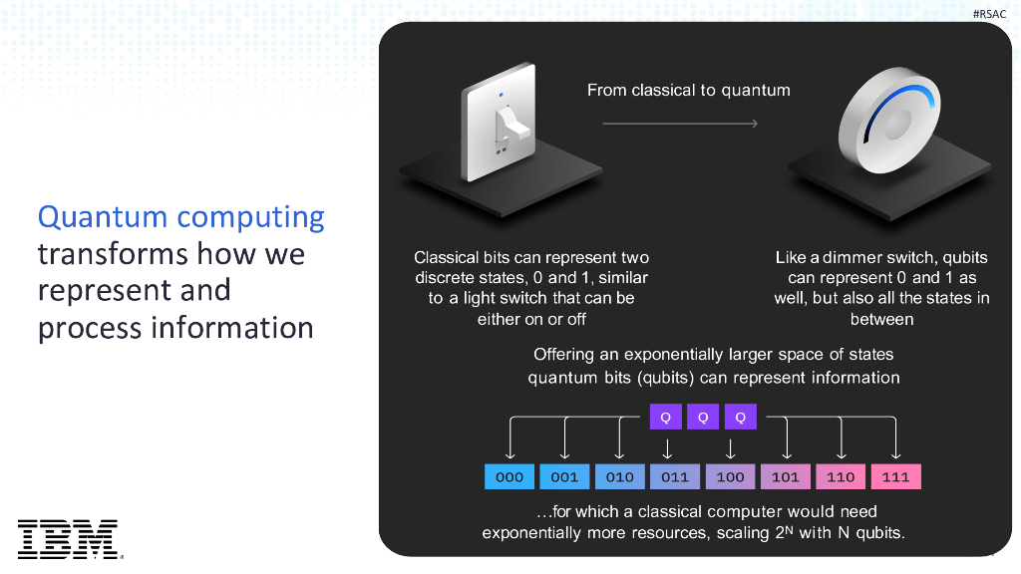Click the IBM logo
pos(68,538)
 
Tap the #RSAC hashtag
pos(989,13)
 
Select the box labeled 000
pos(510,476)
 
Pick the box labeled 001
pos(564,476)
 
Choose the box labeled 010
pos(619,476)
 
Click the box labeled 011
pos(675,476)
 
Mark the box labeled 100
pos(730,476)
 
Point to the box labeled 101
pos(786,476)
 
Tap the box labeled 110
pos(841,476)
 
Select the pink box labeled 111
pos(895,476)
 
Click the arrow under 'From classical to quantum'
pos(681,124)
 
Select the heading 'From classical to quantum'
pos(688,90)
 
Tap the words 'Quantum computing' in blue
pos(180,216)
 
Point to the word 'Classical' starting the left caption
pos(447,257)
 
